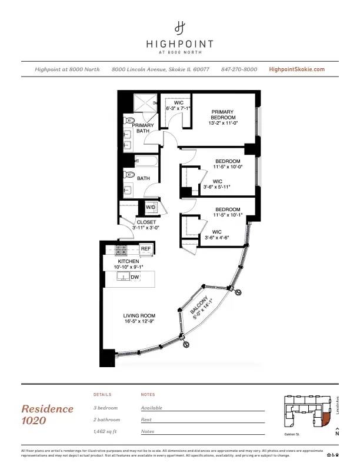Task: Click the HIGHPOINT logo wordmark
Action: (179, 43)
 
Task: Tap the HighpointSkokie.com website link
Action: (296, 69)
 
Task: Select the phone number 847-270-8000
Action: (239, 69)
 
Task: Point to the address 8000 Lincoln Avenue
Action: (161, 69)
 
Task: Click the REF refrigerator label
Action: (146, 249)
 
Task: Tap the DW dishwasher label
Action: (135, 277)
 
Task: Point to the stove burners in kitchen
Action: (121, 249)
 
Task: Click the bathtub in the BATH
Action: (145, 161)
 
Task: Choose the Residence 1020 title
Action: (48, 414)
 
